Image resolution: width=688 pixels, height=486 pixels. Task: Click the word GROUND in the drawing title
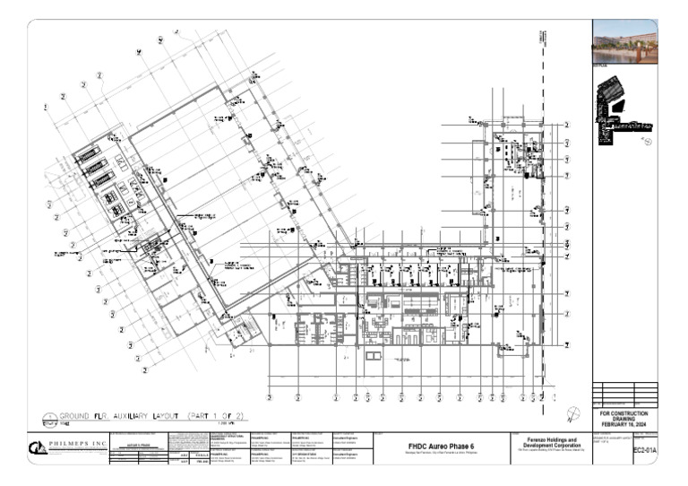click(75, 417)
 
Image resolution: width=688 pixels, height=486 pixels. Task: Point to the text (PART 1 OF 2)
click(214, 417)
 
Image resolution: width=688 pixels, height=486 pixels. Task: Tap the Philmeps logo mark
click(39, 447)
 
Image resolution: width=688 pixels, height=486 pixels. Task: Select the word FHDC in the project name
click(419, 446)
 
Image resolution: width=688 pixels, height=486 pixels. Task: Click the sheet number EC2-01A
click(644, 450)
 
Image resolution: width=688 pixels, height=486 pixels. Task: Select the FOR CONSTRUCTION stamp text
click(624, 413)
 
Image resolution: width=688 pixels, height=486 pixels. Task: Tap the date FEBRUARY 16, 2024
click(624, 424)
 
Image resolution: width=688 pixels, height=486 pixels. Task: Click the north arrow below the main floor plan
click(573, 412)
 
